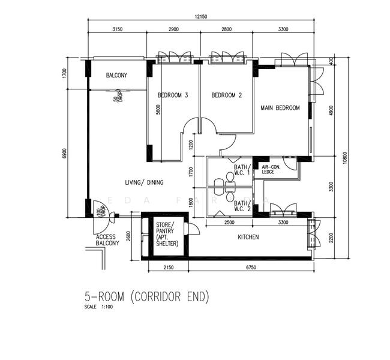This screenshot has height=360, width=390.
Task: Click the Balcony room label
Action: pyautogui.click(x=116, y=76)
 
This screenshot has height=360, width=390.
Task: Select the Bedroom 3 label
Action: pyautogui.click(x=173, y=95)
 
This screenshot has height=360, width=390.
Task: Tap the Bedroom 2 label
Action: pyautogui.click(x=226, y=95)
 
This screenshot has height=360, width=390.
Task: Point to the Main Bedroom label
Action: pyautogui.click(x=280, y=108)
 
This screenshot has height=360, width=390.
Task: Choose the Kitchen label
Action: pyautogui.click(x=248, y=238)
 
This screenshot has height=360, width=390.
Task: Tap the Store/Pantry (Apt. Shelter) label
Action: pyautogui.click(x=164, y=235)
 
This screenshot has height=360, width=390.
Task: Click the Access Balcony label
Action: pyautogui.click(x=107, y=240)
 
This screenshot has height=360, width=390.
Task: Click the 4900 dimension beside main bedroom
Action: pyautogui.click(x=331, y=112)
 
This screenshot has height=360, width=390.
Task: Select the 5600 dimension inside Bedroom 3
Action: pyautogui.click(x=158, y=110)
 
